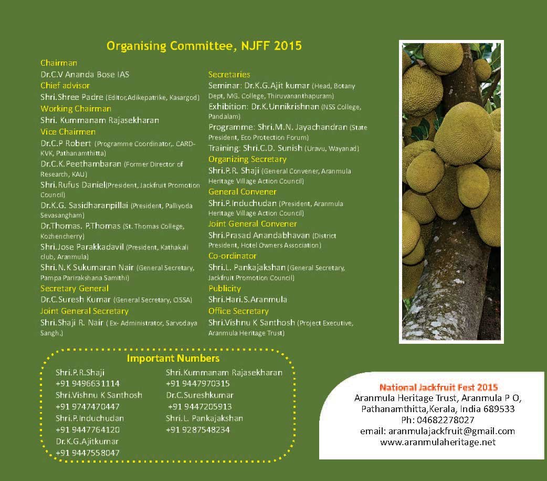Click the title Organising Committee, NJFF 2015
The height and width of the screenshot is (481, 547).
(x=204, y=46)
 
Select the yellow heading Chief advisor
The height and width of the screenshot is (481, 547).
(x=65, y=86)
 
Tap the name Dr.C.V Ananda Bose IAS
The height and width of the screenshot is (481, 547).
(x=85, y=75)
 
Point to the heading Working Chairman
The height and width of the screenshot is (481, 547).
(x=76, y=109)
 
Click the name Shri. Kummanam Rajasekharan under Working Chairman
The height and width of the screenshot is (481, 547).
(x=100, y=120)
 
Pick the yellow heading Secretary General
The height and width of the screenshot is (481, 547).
(x=75, y=289)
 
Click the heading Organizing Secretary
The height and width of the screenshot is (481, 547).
(x=247, y=159)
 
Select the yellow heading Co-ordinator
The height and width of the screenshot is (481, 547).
(x=233, y=256)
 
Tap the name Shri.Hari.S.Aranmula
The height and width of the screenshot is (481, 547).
(x=248, y=300)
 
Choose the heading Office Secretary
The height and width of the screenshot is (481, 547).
(x=238, y=311)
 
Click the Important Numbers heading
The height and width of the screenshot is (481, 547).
(x=173, y=359)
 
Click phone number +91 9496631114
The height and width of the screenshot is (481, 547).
(x=88, y=384)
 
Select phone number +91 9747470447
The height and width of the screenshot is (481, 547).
(x=88, y=407)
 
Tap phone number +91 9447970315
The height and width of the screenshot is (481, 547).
(x=198, y=384)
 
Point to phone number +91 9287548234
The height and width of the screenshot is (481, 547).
(x=198, y=430)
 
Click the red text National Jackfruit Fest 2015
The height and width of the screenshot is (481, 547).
(x=438, y=387)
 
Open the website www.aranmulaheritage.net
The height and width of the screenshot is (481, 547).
(x=437, y=442)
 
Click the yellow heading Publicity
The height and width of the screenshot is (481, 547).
(x=225, y=289)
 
